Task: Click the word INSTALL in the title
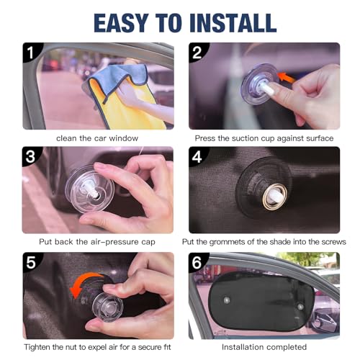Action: [x=233, y=23]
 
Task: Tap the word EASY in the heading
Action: [x=121, y=23]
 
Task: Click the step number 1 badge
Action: [x=31, y=53]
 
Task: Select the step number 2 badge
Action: [x=197, y=53]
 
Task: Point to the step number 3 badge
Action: [x=30, y=156]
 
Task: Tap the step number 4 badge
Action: [x=197, y=157]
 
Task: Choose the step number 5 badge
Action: [x=31, y=262]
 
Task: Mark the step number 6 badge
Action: [x=197, y=262]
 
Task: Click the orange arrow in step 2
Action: [x=287, y=78]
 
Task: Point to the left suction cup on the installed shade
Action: [x=227, y=300]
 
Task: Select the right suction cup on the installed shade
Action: [x=300, y=307]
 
